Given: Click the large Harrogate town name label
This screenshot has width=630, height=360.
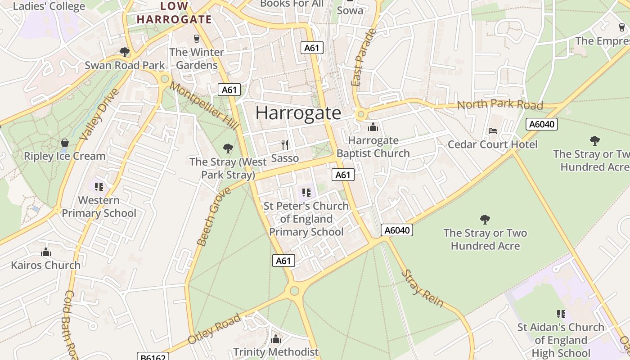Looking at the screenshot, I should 298,112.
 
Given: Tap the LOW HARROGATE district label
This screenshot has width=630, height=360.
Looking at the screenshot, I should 174,13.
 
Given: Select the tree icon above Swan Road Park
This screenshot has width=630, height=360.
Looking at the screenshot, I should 125,52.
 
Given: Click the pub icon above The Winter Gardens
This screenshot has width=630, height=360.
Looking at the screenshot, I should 196,39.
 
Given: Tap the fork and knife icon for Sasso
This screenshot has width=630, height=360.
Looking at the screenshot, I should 285,145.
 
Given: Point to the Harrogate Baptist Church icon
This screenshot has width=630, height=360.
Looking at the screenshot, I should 373,127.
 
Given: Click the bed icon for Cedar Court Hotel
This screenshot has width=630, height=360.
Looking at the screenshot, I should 493,131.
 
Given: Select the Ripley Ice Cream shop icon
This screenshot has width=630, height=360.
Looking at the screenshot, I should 65,143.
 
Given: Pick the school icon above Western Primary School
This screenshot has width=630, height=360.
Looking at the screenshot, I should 99,187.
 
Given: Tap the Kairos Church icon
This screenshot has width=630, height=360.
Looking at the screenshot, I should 45,252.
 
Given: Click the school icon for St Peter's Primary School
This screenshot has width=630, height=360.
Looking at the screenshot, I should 306,193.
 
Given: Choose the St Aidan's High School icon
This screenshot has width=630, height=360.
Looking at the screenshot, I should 561,314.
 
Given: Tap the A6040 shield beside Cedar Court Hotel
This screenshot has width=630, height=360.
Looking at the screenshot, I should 541,124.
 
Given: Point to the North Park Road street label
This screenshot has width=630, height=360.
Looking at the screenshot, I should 500,105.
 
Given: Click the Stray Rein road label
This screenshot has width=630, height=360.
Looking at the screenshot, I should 422,288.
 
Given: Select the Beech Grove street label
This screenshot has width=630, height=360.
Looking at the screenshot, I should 214,216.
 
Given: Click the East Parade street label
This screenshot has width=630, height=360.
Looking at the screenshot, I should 364,58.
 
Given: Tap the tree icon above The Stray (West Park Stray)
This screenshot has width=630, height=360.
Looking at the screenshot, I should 228,148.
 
